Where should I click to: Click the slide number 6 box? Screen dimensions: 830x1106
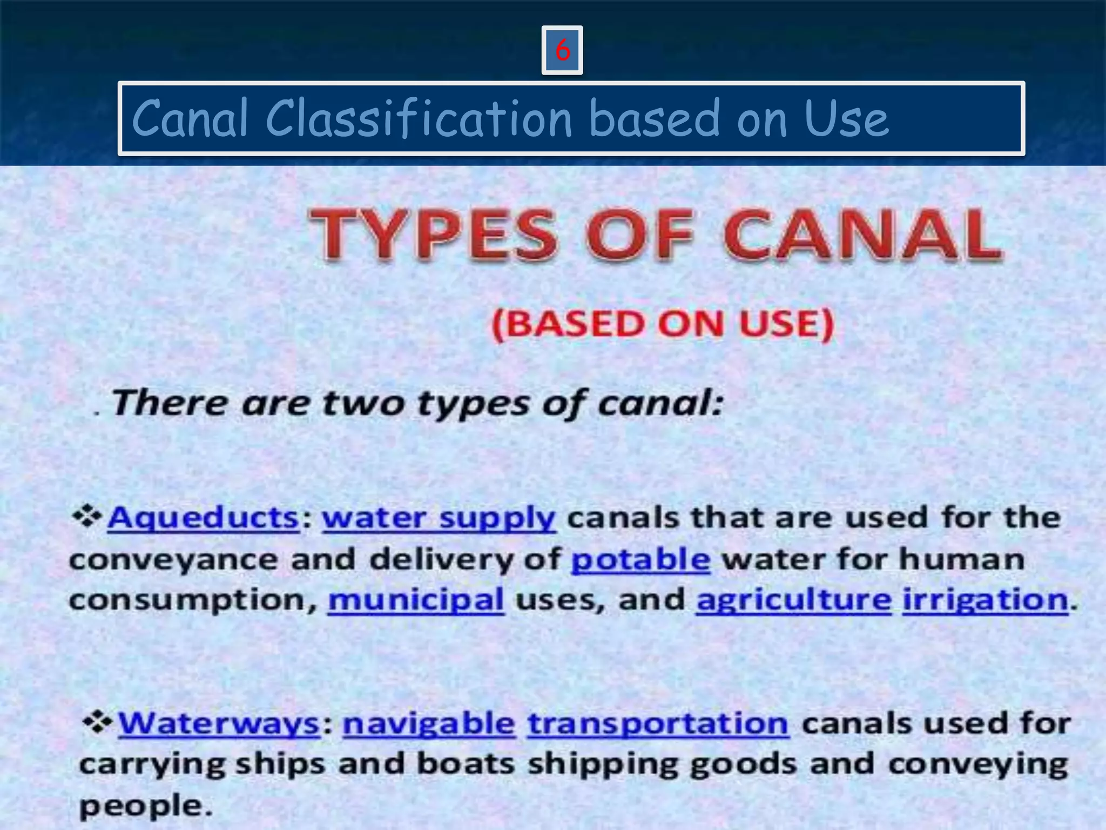coord(562,50)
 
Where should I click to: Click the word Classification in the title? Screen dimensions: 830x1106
coord(419,118)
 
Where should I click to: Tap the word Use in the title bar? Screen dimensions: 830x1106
coord(846,118)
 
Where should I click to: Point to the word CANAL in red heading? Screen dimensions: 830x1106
coord(862,236)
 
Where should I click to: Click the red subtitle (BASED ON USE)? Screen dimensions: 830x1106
coord(663,324)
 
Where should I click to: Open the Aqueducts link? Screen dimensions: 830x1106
coord(203,518)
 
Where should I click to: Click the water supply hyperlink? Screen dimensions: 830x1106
coord(439,518)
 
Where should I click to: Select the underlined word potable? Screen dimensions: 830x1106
coord(640,559)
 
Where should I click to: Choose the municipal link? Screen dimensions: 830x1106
coord(416,600)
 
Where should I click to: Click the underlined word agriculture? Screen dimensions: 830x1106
coord(794,600)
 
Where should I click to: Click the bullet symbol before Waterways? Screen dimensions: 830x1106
coord(98,722)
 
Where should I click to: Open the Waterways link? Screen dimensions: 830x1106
coord(219,723)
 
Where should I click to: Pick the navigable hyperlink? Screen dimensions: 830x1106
coord(429,723)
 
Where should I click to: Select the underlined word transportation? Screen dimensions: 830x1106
coord(658,723)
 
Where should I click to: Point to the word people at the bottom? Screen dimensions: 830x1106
coord(141,806)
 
